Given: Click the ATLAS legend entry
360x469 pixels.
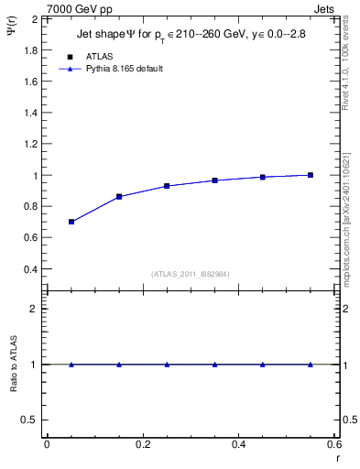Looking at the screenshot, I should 99,56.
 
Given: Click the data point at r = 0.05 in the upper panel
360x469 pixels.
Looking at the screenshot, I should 71,222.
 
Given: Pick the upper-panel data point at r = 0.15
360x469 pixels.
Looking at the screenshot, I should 119,197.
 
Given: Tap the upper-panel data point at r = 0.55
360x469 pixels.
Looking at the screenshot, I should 311,175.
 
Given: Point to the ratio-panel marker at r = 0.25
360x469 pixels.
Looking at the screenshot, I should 167,365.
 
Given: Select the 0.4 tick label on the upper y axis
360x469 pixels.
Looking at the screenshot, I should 28,270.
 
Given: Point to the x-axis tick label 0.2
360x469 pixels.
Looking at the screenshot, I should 142,444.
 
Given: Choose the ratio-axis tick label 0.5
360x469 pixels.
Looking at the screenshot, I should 28,420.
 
